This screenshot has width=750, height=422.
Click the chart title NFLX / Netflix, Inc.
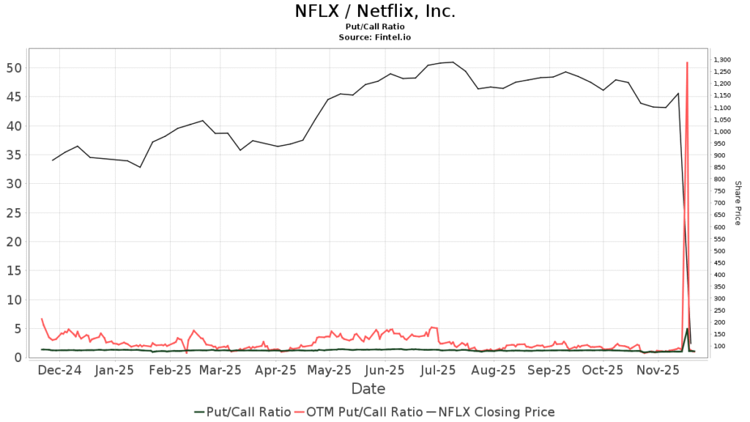point(375,11)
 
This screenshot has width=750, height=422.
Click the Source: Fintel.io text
point(375,36)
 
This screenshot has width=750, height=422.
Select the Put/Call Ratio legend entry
point(242,412)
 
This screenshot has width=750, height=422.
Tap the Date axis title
point(368,389)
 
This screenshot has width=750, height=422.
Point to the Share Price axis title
point(738,203)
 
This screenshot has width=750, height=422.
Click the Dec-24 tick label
point(59,371)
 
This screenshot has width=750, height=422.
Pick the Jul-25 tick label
point(438,371)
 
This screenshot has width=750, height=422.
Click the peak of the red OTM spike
point(687,63)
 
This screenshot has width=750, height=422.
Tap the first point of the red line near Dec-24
point(41,319)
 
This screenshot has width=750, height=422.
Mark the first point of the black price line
point(53,160)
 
